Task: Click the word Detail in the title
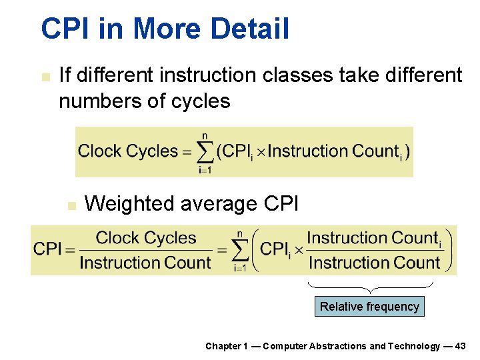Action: (251, 29)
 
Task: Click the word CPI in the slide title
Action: (63, 29)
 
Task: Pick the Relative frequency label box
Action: (369, 307)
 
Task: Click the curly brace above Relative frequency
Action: (370, 287)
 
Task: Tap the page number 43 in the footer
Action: (460, 346)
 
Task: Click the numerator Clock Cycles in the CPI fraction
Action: (145, 238)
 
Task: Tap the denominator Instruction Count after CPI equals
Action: (145, 263)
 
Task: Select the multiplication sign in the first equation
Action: (261, 152)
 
